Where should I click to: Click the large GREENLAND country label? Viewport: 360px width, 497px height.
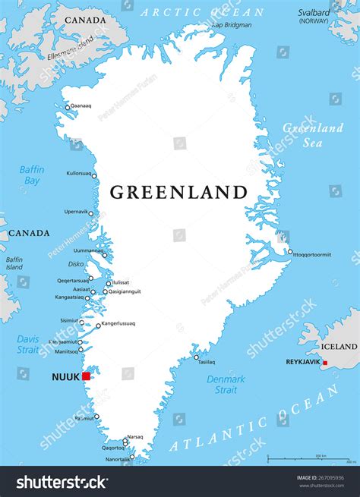coord(178,192)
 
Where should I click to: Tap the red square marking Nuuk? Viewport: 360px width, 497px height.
coord(87,376)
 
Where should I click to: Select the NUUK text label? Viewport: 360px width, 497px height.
coord(64,376)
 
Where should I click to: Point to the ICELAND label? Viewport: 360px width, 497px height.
coord(337,347)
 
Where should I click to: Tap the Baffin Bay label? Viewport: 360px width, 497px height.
coord(33,175)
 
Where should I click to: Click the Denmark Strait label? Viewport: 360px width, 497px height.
coord(226,384)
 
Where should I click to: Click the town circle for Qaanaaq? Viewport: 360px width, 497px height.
coord(68,107)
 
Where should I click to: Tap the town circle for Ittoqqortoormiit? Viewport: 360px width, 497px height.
coord(289,252)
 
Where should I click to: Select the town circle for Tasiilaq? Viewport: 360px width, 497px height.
coord(196,357)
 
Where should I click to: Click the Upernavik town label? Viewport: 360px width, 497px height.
coord(76,212)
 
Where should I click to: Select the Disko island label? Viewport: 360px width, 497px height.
coord(76,264)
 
